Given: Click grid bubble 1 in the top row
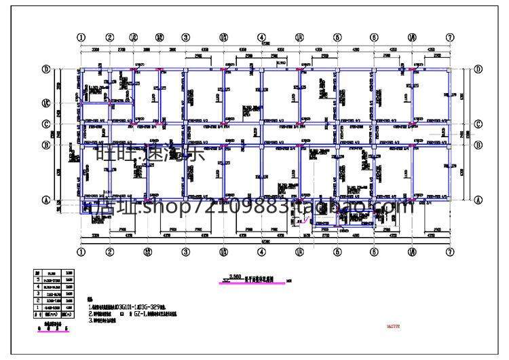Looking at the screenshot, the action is [81, 38].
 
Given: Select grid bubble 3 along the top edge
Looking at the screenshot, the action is [185, 38].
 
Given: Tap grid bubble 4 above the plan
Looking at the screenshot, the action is [261, 38].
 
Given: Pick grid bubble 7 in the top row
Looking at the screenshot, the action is [449, 38].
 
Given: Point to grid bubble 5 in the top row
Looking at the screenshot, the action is [337, 38].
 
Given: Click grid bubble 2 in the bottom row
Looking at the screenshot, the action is [110, 252].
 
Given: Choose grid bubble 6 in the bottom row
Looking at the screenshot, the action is [374, 252].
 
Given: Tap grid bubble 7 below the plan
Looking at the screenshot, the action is [449, 252].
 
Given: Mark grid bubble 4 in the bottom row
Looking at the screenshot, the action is [261, 252].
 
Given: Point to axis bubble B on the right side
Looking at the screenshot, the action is [478, 145].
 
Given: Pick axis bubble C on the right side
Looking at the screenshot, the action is [478, 124].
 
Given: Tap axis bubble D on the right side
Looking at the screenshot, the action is [478, 69].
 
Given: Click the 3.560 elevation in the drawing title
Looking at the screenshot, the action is [236, 276].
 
